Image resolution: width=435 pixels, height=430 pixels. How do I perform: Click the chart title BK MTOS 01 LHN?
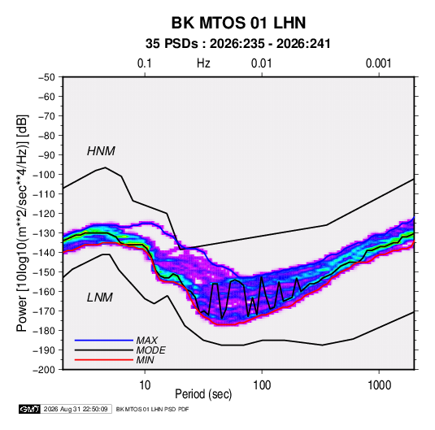coord(238,23)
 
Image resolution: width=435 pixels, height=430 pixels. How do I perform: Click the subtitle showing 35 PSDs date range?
coord(238,44)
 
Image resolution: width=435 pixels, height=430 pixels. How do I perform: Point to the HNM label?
coord(101,151)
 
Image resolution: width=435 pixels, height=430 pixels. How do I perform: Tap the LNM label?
coord(100,298)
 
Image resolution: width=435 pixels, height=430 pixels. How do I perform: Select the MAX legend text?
coord(146,340)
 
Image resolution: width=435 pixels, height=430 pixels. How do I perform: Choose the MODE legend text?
coord(150,350)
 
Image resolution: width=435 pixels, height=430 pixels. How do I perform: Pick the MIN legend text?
coord(145,360)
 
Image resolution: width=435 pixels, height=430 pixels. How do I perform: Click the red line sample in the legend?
coord(104,360)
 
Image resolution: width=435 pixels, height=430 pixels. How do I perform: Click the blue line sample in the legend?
coord(104,341)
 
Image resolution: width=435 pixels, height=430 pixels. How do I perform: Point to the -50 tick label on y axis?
coord(46,77)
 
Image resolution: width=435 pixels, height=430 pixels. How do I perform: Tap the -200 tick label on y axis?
coord(44,370)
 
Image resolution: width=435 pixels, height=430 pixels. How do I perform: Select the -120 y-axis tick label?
coord(44,214)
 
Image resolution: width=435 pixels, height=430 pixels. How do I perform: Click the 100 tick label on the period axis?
coord(262,385)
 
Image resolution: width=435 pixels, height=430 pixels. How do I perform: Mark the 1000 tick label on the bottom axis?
coord(379,385)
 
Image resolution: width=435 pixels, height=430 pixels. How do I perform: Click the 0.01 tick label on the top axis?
coord(261,63)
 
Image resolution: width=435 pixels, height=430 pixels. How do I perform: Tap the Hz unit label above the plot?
coord(203,63)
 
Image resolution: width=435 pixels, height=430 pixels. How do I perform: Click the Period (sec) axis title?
coord(203,394)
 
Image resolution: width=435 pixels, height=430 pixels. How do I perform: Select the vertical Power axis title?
coord(22,223)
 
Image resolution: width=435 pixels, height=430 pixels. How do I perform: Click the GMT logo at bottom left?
coord(30,409)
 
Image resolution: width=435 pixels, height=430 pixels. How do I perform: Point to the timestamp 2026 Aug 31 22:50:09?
coord(76,409)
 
